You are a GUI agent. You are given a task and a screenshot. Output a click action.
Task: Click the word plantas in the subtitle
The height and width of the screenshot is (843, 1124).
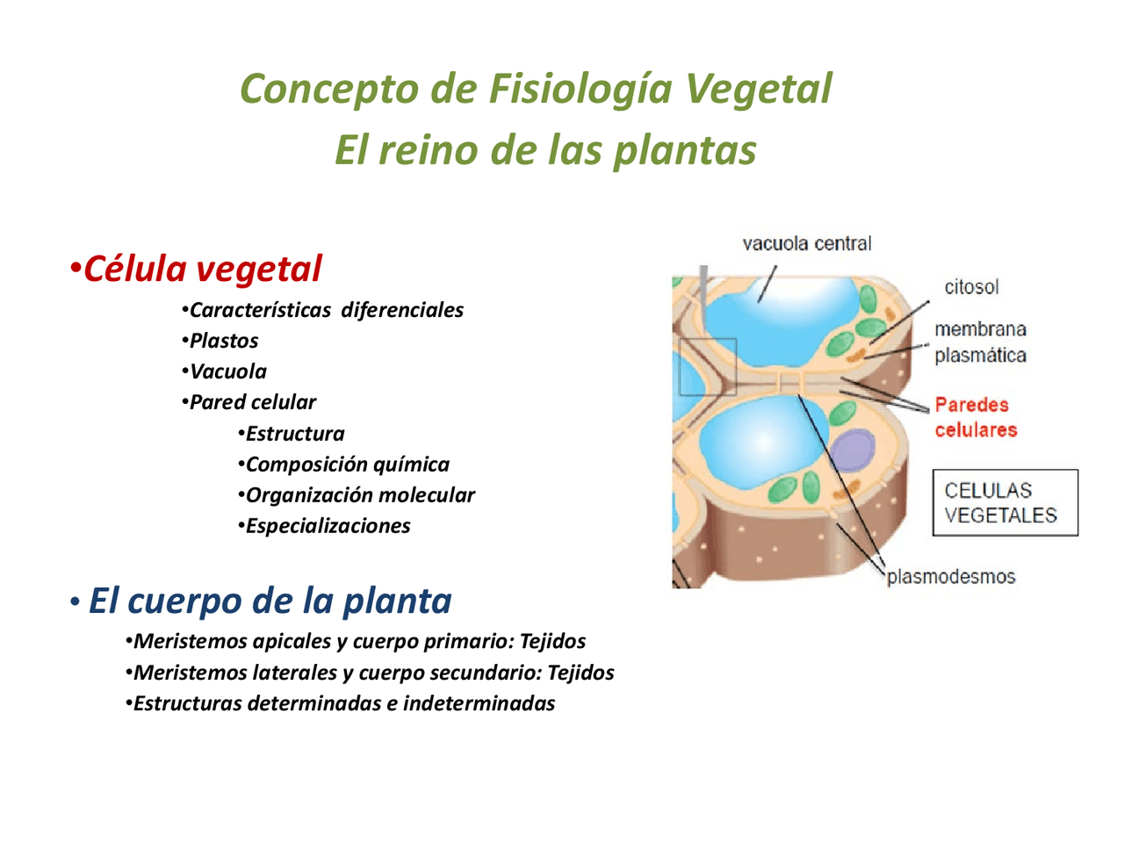[x=684, y=150]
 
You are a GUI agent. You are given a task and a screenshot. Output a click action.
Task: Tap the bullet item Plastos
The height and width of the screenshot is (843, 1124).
[x=224, y=341]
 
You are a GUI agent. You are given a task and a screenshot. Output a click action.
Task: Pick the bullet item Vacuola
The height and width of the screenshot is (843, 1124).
[x=228, y=371]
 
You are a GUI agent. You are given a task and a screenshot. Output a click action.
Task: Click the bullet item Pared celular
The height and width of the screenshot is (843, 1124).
[x=253, y=402]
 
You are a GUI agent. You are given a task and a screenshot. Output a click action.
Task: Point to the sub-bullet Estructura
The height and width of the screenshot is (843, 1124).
[x=295, y=434]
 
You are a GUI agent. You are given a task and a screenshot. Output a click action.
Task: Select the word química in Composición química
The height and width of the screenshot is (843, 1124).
[x=410, y=465]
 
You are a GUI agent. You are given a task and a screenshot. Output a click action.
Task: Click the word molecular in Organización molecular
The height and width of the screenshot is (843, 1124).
[x=433, y=495]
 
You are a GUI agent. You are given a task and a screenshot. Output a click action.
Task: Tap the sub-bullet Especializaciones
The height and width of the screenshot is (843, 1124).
[x=328, y=526]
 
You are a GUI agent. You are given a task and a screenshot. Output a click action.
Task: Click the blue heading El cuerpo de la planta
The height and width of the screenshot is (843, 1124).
[x=270, y=602]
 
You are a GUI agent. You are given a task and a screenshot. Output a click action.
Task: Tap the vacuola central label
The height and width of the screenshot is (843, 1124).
[x=807, y=244]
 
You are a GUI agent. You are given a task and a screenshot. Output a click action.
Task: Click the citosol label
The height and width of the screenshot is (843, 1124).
[x=971, y=287]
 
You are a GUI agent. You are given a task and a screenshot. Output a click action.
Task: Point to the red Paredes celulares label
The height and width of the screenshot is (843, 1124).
[x=976, y=417]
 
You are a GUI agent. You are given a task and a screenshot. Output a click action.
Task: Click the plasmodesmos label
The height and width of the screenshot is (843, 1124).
[x=951, y=577]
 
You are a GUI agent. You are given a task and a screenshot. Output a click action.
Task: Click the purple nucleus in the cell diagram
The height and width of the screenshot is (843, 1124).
[x=852, y=450]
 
